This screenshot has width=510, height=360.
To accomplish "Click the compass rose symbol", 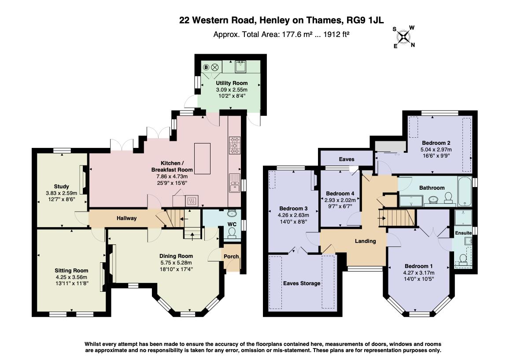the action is click(404, 37).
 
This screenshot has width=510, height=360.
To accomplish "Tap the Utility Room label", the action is click(232, 83).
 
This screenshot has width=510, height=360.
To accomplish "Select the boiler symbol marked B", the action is click(206, 68).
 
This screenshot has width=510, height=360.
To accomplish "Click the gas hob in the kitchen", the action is click(235, 145).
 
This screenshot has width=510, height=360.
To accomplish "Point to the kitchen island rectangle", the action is click(202, 158).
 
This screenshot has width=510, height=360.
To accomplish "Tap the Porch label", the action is click(231, 256).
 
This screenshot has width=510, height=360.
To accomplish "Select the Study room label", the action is click(62, 187).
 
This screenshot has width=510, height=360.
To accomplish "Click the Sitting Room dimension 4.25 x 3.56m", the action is click(71, 277).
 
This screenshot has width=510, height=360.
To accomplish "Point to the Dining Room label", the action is click(176, 256).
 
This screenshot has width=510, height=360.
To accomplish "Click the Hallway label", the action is click(126, 218).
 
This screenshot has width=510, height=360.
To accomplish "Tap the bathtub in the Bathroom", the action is click(465, 191).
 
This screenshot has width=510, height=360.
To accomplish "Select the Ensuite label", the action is click(463, 233).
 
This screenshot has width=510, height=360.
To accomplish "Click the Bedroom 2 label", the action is click(436, 143).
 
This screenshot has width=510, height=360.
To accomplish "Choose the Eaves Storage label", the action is click(302, 283).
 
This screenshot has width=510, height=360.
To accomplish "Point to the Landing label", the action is click(365, 241).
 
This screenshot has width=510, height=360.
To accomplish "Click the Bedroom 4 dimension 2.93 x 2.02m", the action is click(340, 200).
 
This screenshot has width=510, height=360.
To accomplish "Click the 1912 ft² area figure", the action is click(336, 34).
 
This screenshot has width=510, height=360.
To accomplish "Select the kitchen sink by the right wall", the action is click(234, 183).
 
